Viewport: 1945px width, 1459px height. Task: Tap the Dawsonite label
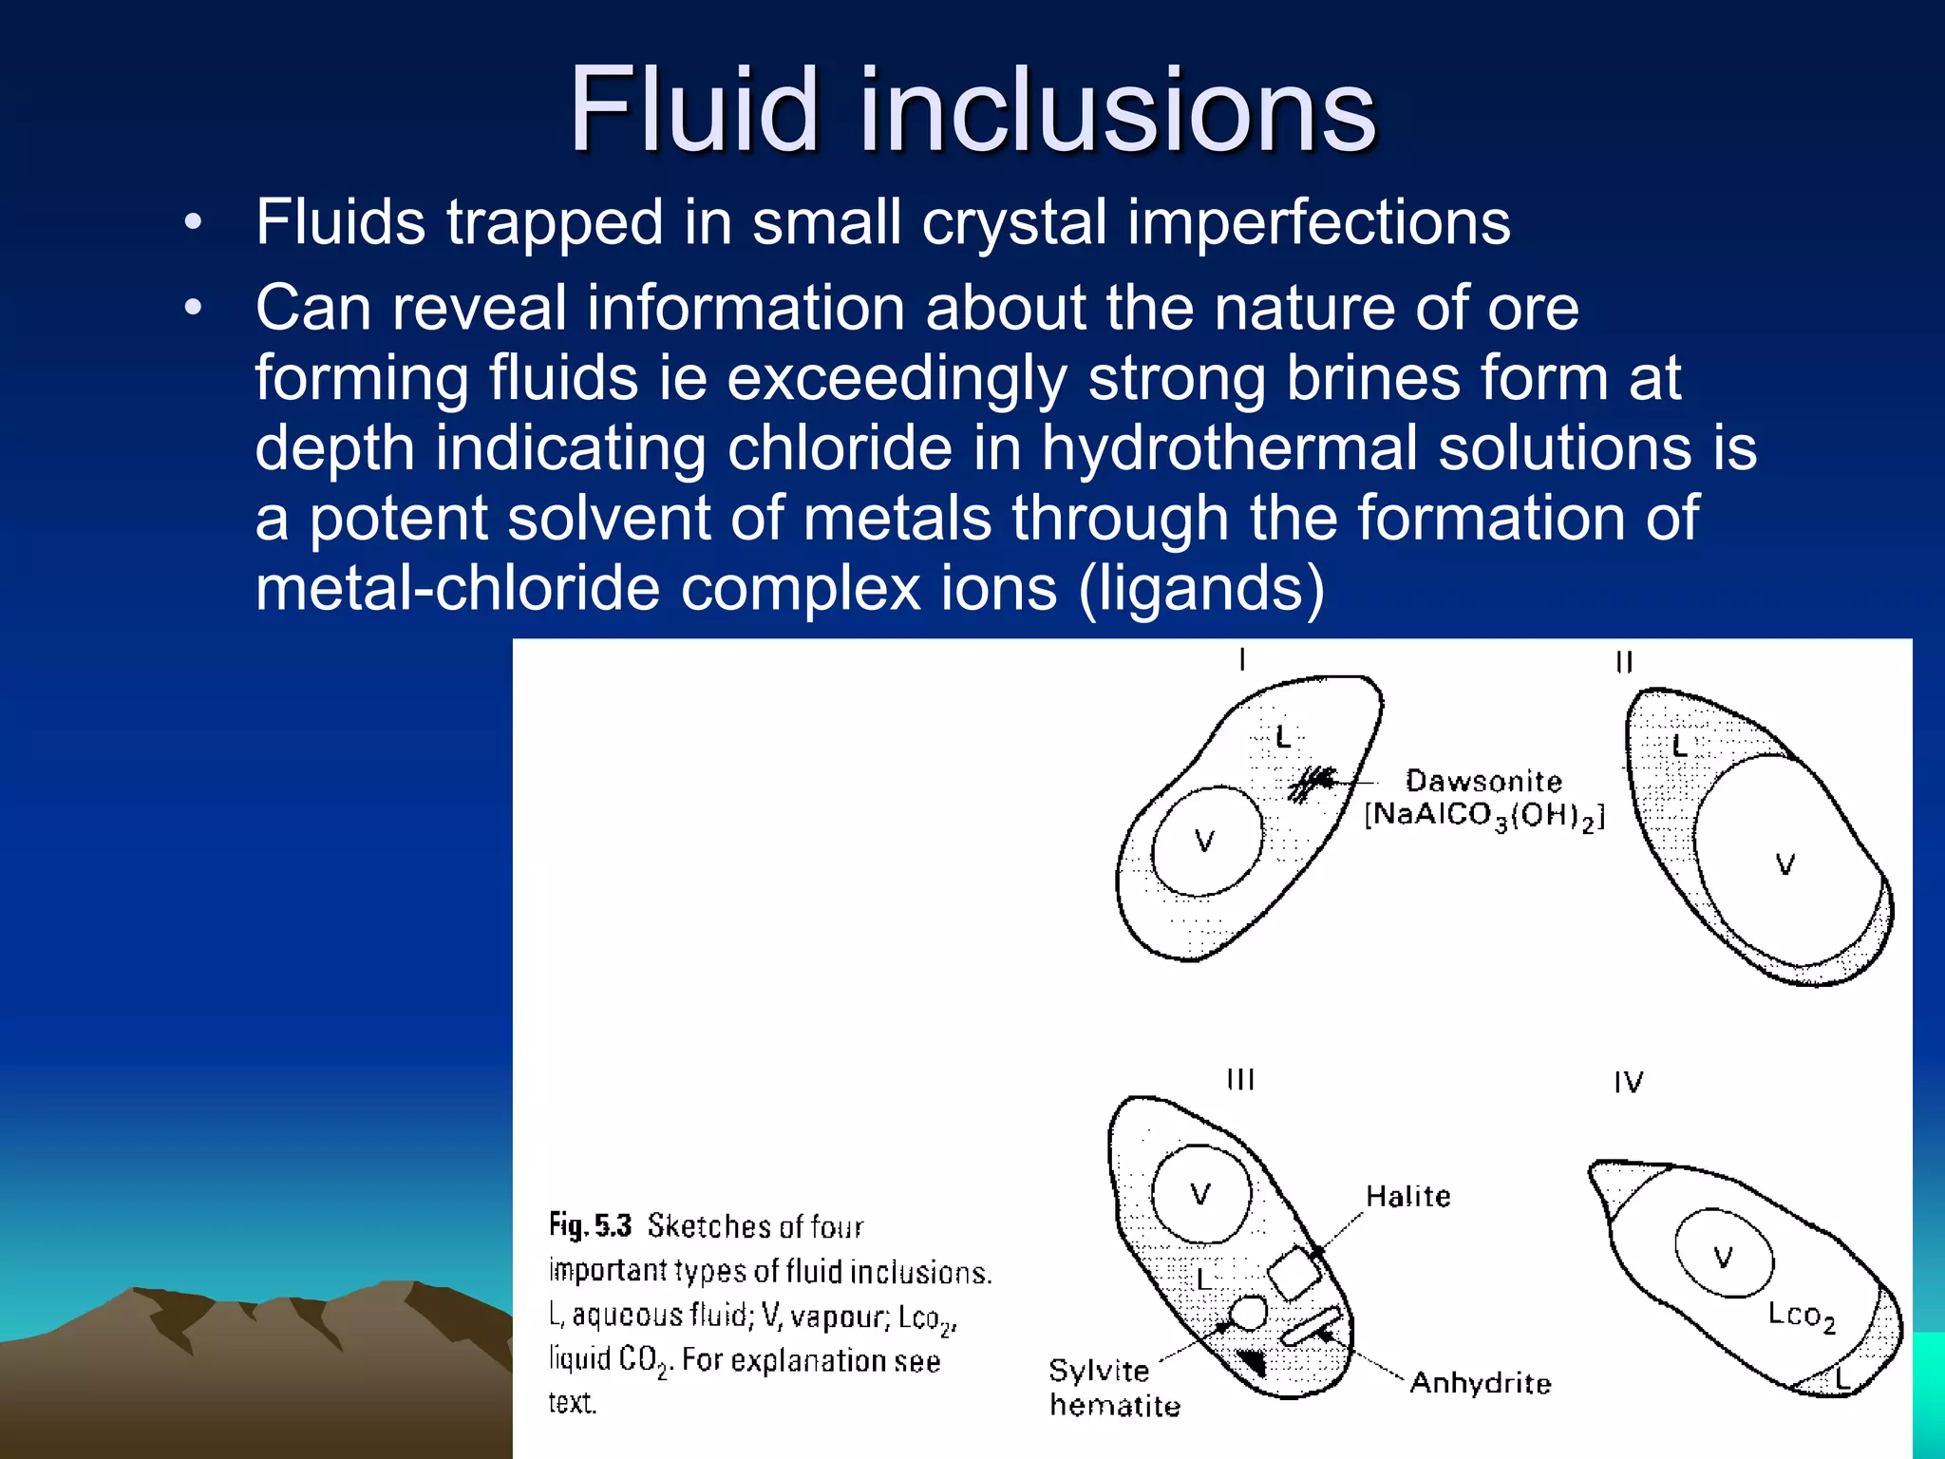click(1483, 781)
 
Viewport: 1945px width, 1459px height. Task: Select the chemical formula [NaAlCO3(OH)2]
click(1483, 816)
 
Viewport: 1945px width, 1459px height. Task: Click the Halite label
click(1408, 1196)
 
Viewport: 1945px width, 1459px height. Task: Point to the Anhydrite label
click(1481, 1382)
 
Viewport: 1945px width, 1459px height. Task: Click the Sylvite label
click(1099, 1371)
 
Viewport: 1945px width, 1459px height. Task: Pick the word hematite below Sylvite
click(1115, 1405)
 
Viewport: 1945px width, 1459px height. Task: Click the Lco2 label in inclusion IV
click(1801, 1316)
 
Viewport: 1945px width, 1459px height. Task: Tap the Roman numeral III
click(1240, 1080)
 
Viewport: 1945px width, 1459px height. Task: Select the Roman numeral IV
click(1628, 1082)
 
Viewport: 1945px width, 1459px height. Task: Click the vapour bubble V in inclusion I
click(1206, 841)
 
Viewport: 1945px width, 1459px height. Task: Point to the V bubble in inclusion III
click(1201, 1194)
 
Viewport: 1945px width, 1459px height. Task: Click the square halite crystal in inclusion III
click(1294, 1273)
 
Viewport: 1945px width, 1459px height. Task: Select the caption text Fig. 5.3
click(590, 1225)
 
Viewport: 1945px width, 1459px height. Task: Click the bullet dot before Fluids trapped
click(194, 223)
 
